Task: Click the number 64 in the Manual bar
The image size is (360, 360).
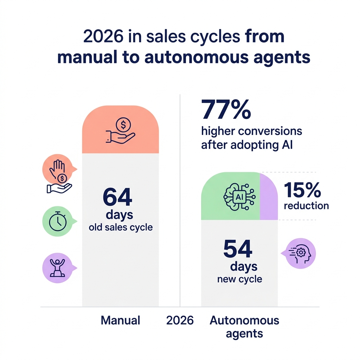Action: pyautogui.click(x=117, y=198)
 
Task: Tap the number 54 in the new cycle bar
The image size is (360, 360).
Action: pyautogui.click(x=238, y=250)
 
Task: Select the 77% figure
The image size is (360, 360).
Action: pyautogui.click(x=226, y=110)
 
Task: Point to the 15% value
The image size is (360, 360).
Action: pyautogui.click(x=302, y=190)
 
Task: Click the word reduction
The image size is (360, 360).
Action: pyautogui.click(x=306, y=205)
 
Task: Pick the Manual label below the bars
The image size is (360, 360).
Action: pyautogui.click(x=120, y=320)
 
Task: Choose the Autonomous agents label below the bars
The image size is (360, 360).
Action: pyautogui.click(x=244, y=327)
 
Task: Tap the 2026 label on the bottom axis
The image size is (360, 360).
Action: pyautogui.click(x=180, y=320)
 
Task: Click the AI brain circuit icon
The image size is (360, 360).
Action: pyautogui.click(x=239, y=197)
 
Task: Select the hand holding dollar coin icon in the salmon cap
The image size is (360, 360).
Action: pyautogui.click(x=120, y=131)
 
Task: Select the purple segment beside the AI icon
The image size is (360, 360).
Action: pyautogui.click(x=269, y=196)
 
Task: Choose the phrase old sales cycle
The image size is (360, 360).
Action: pyautogui.click(x=121, y=227)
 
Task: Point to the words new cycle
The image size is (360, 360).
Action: pyautogui.click(x=239, y=279)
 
